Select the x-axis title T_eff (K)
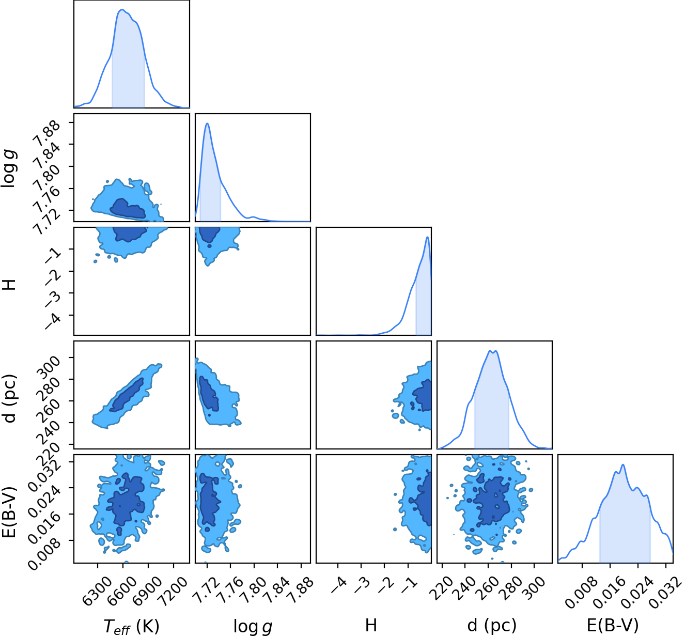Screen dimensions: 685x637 coord(131,626)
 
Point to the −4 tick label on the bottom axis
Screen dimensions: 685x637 coord(338,585)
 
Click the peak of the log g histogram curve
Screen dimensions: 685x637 coord(207,123)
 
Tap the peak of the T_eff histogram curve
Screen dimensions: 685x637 coord(122,9)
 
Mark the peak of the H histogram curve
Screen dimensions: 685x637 coord(428,237)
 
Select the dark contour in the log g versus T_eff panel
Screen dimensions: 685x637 coord(128,209)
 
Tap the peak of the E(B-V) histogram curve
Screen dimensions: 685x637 coord(623,464)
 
